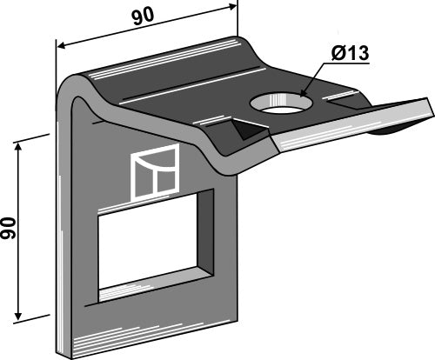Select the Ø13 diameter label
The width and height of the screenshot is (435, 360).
point(351,53)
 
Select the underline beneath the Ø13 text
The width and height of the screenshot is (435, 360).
point(351,63)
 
